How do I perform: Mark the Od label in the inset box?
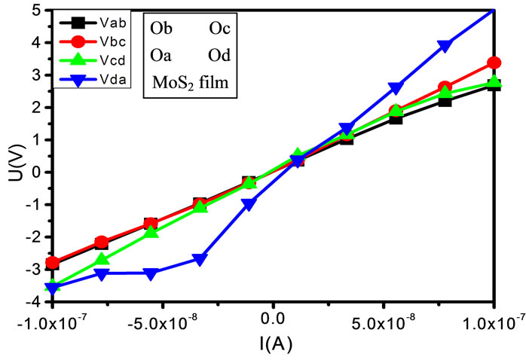tap(221, 56)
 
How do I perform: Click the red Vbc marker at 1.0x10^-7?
tap(494, 63)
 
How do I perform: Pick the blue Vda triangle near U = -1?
tap(249, 203)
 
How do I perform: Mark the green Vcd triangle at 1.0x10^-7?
tap(494, 82)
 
